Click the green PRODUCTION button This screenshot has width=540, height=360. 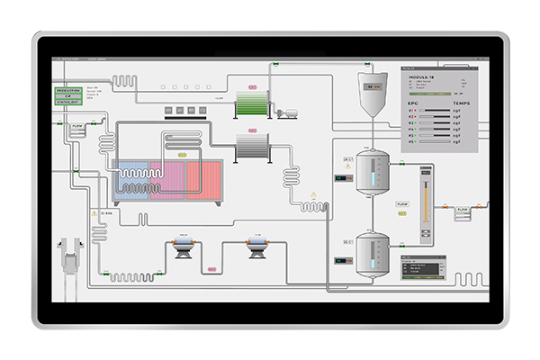click(68, 92)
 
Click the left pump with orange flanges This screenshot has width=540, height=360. click(184, 247)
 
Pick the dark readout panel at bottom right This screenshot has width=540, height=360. click(426, 267)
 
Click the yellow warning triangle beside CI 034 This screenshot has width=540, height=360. click(94, 213)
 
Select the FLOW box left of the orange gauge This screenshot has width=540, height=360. click(402, 204)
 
